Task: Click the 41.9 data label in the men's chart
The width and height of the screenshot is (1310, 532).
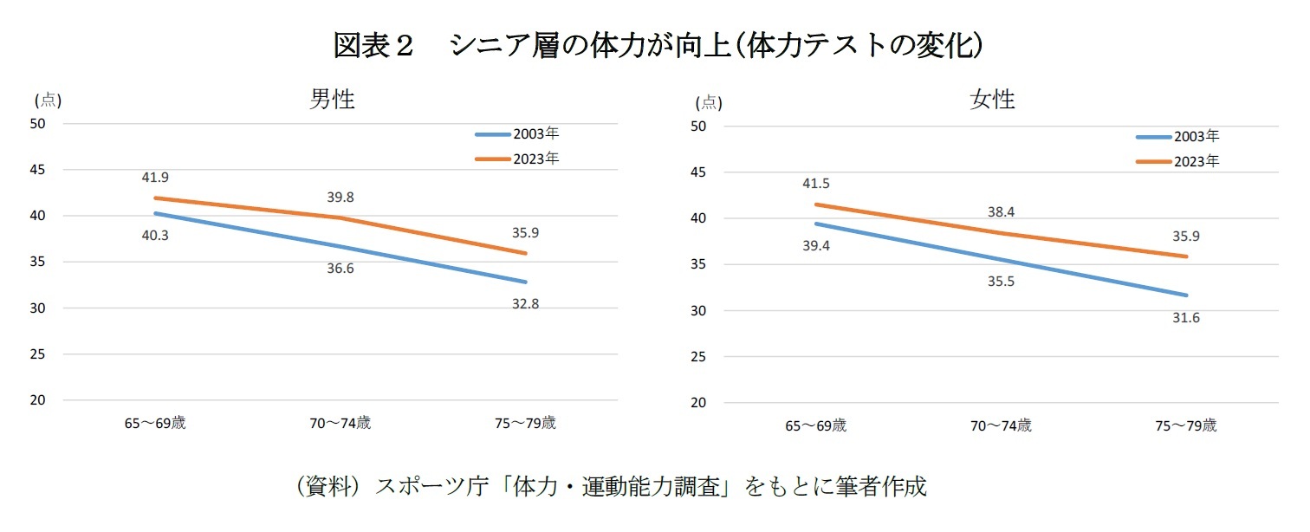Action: pos(155,178)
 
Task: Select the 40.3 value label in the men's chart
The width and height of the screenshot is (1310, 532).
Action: pos(155,234)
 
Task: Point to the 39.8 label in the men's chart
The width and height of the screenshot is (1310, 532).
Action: pos(340,198)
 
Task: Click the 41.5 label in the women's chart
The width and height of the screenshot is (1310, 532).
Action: pos(815,184)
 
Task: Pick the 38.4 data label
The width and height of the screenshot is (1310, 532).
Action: pos(1001,211)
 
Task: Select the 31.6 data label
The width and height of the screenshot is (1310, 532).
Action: pos(1186,318)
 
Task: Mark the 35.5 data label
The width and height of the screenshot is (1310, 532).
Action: pos(1001,282)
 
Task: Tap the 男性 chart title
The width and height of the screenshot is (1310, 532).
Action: pos(333,100)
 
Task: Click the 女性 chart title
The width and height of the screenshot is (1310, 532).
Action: pos(993,101)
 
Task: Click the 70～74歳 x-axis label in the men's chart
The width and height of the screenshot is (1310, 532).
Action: pos(340,424)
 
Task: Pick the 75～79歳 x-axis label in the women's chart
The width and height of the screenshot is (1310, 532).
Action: pos(1186,426)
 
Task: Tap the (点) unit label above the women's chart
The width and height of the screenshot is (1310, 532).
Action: pos(708,103)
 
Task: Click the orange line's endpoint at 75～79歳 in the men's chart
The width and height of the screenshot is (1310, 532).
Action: pos(525,253)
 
